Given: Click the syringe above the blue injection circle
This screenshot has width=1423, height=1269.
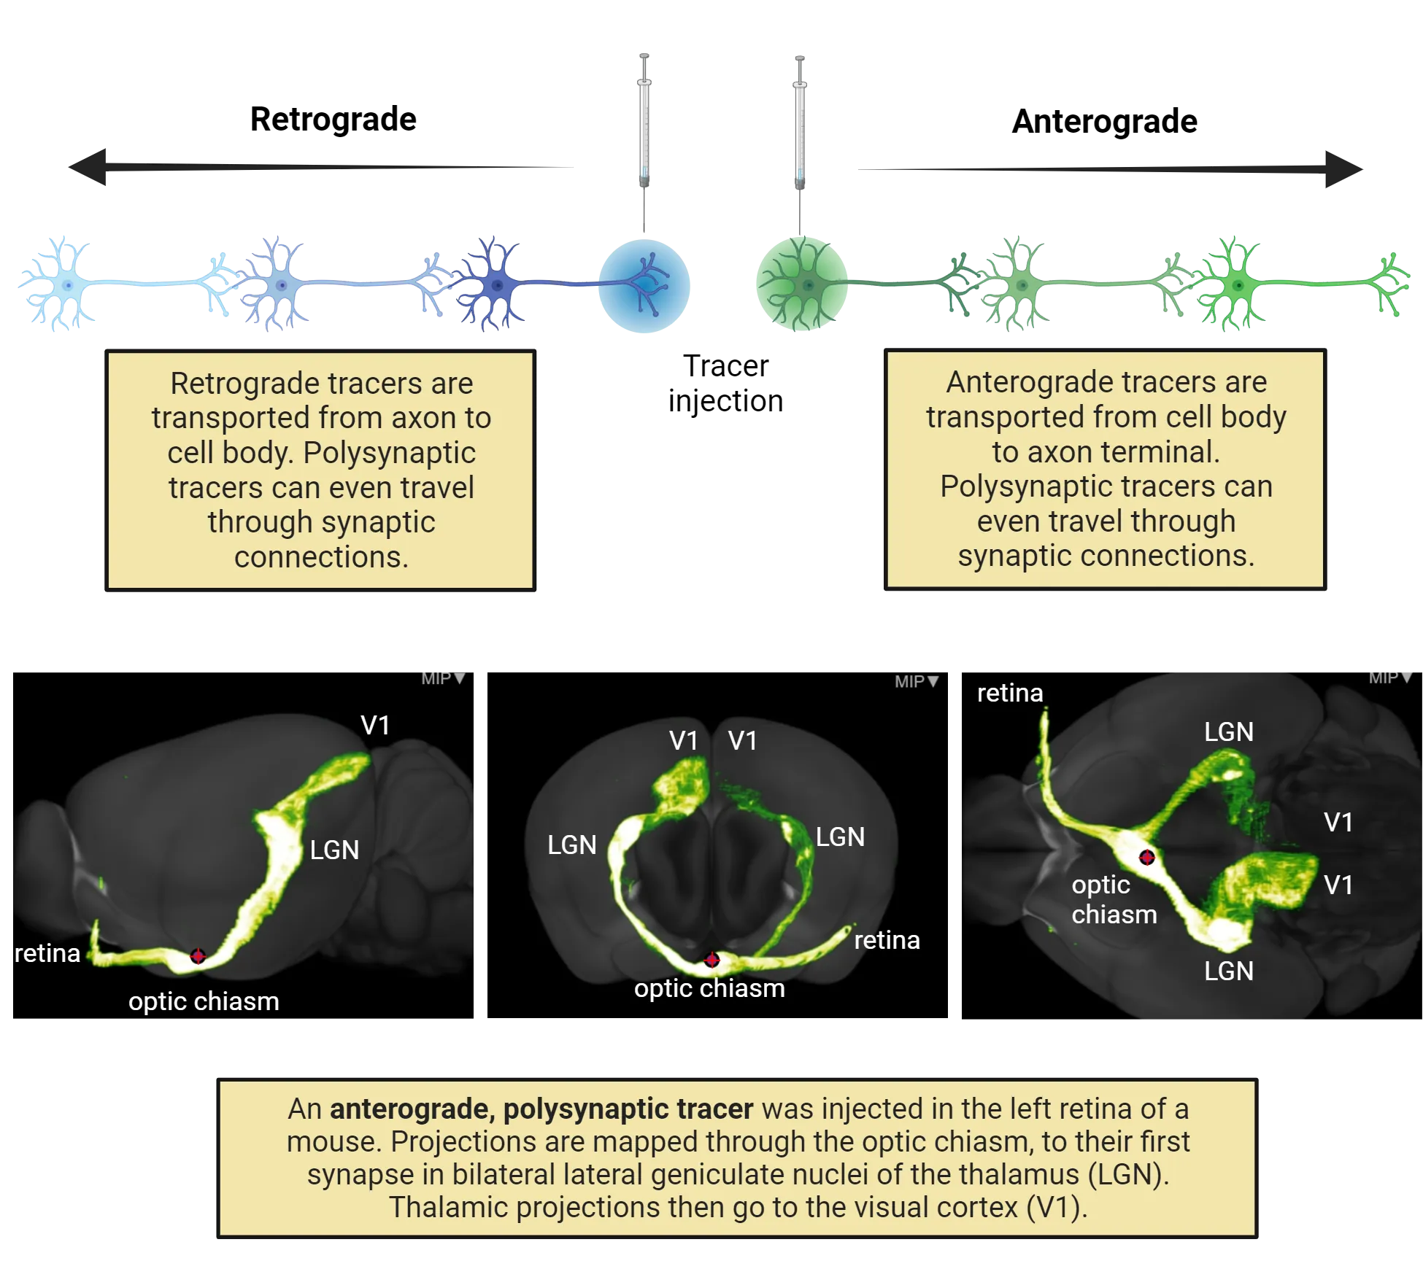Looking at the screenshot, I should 644,124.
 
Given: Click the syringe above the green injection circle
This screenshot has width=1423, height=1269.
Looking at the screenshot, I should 800,124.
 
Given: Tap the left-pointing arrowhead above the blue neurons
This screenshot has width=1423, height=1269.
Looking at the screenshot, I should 91,166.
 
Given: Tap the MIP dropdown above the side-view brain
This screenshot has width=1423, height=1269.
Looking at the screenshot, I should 443,678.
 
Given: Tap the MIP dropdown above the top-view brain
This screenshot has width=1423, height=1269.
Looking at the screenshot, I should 1390,678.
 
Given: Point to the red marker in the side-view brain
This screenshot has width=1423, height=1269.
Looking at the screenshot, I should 198,956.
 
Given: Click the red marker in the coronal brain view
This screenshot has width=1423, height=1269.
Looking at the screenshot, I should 711,960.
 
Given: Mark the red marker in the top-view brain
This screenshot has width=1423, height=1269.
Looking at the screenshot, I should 1146,857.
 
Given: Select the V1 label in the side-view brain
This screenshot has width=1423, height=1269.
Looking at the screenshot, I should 375,725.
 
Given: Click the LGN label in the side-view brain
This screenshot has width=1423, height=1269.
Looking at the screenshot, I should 334,850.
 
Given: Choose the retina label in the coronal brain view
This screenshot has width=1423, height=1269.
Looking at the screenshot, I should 887,940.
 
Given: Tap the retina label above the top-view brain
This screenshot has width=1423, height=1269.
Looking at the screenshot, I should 1010,693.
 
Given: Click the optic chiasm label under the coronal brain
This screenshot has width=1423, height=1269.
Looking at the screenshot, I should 709,988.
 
